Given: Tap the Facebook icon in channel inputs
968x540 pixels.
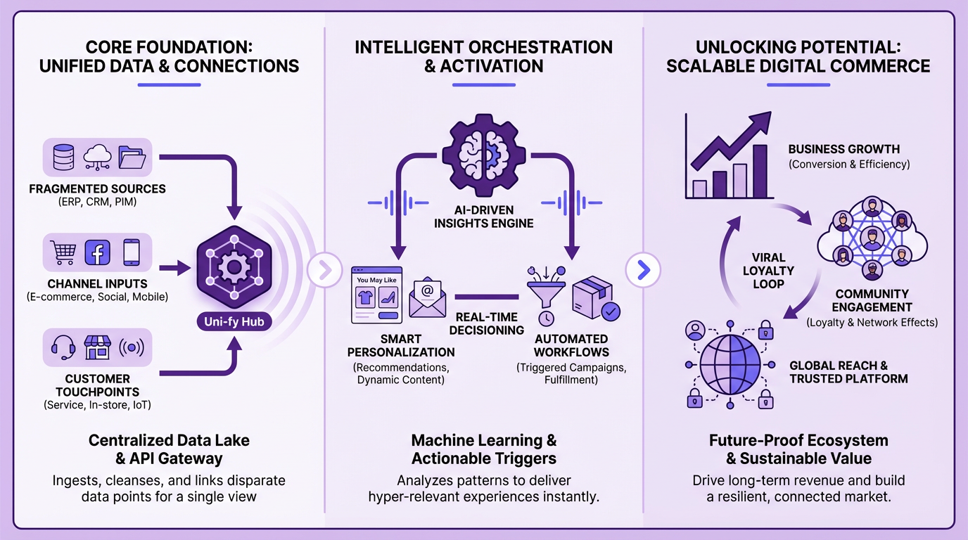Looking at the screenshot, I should click(97, 252).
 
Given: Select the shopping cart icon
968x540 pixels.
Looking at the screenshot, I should click(62, 252).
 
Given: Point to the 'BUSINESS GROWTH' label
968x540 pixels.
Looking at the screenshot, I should click(843, 149).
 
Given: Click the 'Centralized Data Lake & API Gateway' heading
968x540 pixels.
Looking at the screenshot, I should click(169, 450).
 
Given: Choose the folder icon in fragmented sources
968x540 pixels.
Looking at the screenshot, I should click(131, 157).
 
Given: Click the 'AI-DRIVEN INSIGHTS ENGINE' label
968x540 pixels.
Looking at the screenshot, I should click(484, 217).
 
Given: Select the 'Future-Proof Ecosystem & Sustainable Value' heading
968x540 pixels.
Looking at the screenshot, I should click(798, 450).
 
